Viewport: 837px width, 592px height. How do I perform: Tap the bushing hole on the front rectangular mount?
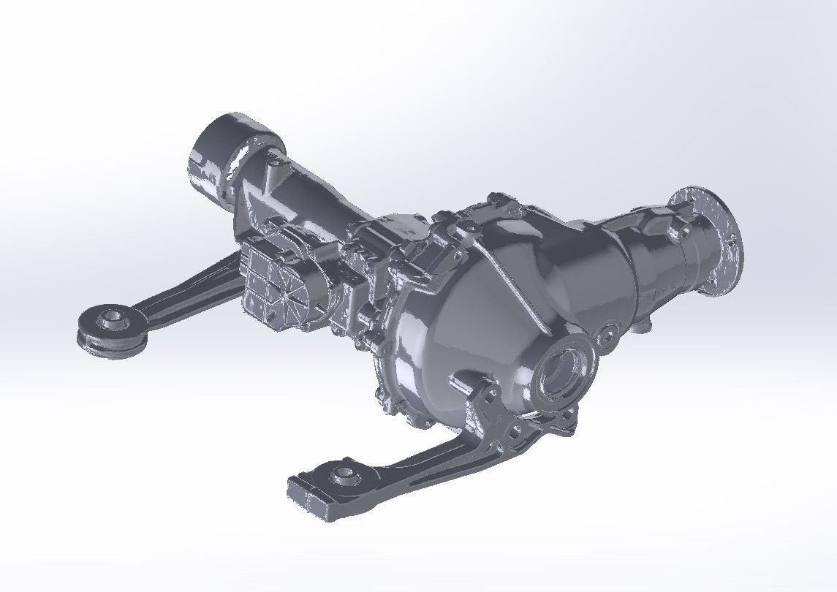341,476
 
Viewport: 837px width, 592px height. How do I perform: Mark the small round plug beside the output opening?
605,337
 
